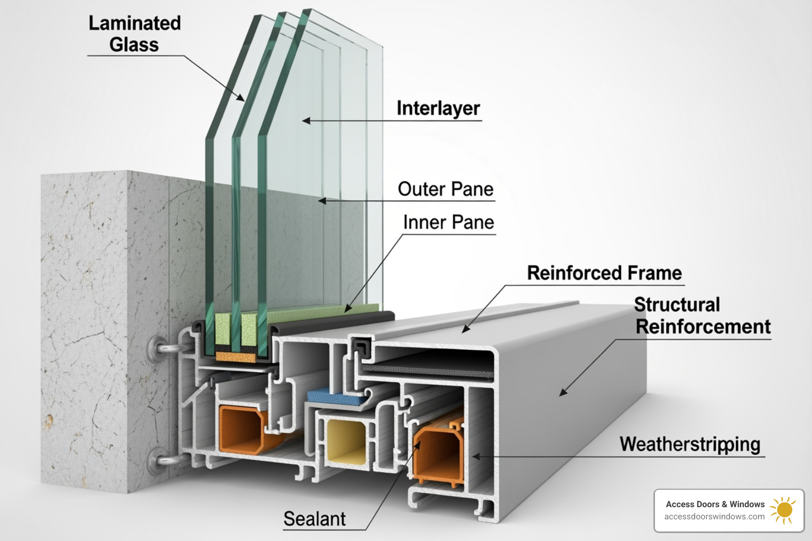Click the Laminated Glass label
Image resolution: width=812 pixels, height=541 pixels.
point(134,34)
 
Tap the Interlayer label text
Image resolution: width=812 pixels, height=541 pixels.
point(438,108)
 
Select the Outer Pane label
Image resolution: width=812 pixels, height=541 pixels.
point(446,189)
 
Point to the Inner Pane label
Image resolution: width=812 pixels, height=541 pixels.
point(448,222)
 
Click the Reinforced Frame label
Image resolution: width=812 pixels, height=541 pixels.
point(604,273)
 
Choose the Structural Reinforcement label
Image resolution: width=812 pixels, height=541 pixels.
point(703,316)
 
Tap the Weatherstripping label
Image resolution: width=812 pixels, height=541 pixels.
point(690,444)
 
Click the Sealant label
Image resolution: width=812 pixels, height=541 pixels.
point(315,519)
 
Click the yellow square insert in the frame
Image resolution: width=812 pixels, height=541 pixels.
point(346,441)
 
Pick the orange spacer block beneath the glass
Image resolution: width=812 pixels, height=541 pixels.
point(236,357)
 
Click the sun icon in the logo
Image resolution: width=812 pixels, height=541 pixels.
point(783,510)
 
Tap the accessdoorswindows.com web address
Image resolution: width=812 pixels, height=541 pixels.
point(714,517)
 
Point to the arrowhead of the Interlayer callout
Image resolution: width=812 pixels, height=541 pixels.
point(304,121)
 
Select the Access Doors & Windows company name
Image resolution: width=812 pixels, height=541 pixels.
point(715,504)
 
